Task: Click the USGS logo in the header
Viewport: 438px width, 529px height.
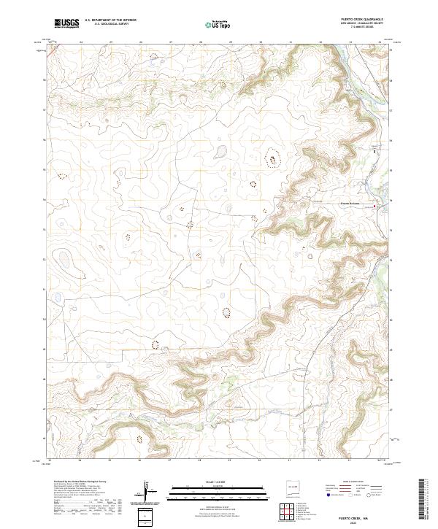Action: click(66, 24)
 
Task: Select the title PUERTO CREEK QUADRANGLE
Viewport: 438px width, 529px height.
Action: click(362, 20)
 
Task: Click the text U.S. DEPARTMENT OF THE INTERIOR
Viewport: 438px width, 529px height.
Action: click(110, 21)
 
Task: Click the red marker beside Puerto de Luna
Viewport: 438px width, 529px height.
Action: click(376, 206)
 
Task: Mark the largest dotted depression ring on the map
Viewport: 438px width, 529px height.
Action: click(273, 157)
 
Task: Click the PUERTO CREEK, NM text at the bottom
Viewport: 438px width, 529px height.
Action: click(362, 515)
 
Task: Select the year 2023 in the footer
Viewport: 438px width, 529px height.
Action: click(362, 521)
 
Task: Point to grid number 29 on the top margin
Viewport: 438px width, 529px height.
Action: click(230, 42)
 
